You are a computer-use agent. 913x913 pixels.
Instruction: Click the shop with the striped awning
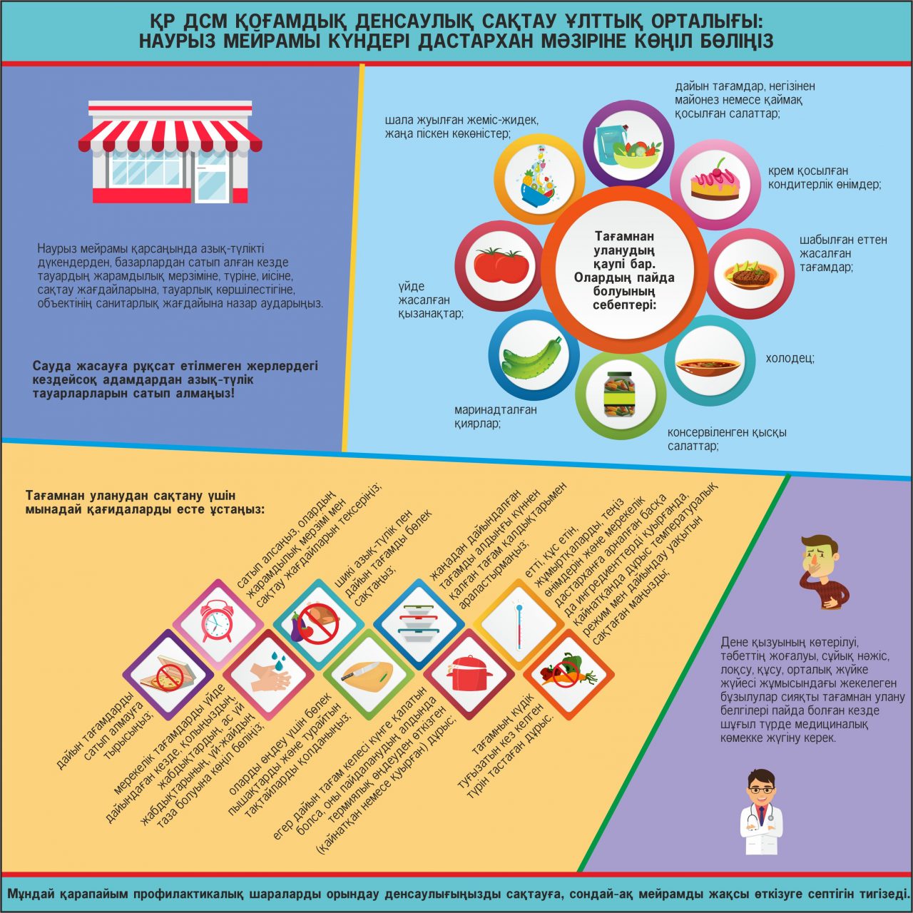tap(170, 151)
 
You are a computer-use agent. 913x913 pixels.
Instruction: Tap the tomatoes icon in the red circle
tap(501, 265)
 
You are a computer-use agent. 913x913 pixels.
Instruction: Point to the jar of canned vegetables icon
tap(619, 394)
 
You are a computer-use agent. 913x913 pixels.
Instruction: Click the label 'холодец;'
tap(790, 358)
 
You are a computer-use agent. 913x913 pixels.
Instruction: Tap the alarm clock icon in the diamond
tap(218, 623)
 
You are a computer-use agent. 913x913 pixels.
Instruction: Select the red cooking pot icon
tap(469, 673)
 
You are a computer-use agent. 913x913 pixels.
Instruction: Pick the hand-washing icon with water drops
tap(267, 673)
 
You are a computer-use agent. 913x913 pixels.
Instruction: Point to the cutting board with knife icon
tap(368, 673)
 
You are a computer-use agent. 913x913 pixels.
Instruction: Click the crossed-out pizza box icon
tap(168, 674)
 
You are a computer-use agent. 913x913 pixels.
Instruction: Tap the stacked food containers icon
tap(418, 623)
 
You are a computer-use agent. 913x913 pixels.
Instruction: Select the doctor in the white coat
tap(761, 813)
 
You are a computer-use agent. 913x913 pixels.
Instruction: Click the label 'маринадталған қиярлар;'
tap(495, 417)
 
